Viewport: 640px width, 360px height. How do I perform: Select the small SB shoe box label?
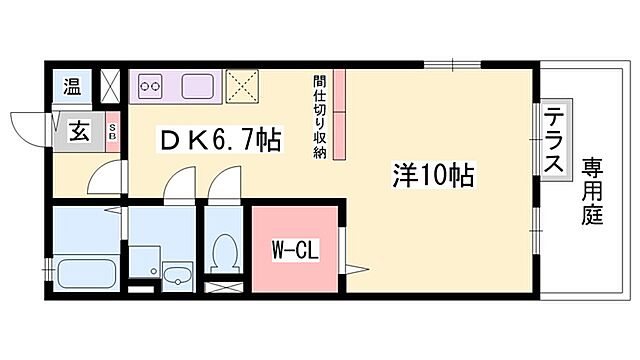pyautogui.click(x=112, y=130)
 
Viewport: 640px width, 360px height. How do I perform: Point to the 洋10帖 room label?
pyautogui.click(x=431, y=176)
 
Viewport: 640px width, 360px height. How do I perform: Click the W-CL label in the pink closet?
pyautogui.click(x=296, y=250)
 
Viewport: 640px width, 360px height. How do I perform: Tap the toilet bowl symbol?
pyautogui.click(x=226, y=249)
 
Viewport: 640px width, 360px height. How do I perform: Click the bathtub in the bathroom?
pyautogui.click(x=86, y=270)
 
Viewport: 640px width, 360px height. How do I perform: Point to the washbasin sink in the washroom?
pyautogui.click(x=178, y=276)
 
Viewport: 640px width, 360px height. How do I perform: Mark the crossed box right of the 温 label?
pyautogui.click(x=110, y=85)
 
